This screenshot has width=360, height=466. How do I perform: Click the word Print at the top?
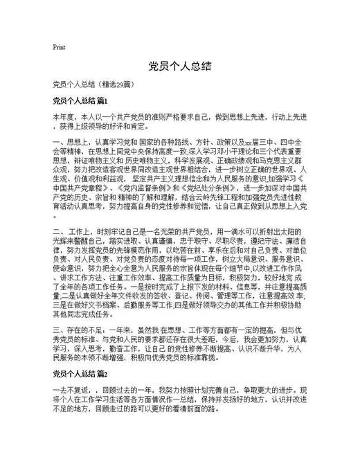click(x=59, y=47)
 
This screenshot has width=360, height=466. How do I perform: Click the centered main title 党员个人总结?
click(x=179, y=67)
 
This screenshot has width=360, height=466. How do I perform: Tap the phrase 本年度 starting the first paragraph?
click(x=64, y=117)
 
